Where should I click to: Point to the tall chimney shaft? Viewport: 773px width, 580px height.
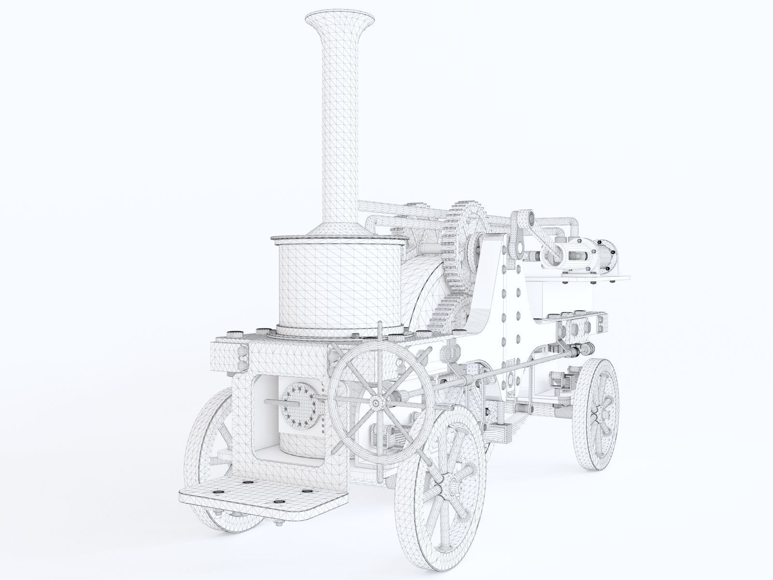point(341,121)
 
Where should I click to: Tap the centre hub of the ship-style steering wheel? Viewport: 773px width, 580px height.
point(376,402)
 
